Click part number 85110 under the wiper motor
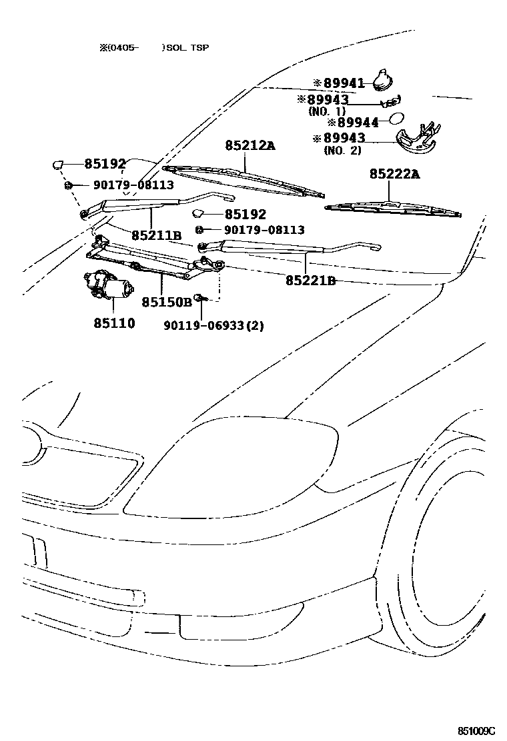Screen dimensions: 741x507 [x=114, y=323]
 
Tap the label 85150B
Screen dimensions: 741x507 [x=166, y=302]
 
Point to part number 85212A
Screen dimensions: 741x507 [x=249, y=145]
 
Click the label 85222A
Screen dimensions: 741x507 [x=395, y=174]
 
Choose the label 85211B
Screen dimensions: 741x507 [x=156, y=235]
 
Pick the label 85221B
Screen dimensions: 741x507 [x=310, y=281]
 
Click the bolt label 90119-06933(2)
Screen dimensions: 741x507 [x=213, y=325]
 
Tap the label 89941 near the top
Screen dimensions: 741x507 [x=344, y=83]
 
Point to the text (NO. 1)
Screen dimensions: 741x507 [x=327, y=111]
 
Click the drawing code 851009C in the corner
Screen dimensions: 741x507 [x=476, y=730]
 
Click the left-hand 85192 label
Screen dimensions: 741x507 [x=104, y=163]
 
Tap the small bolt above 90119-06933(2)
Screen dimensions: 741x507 [x=199, y=297]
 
